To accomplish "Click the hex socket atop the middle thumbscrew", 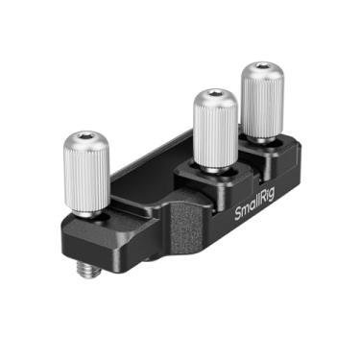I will (215, 96).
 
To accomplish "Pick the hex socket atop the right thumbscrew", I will (260, 70).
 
